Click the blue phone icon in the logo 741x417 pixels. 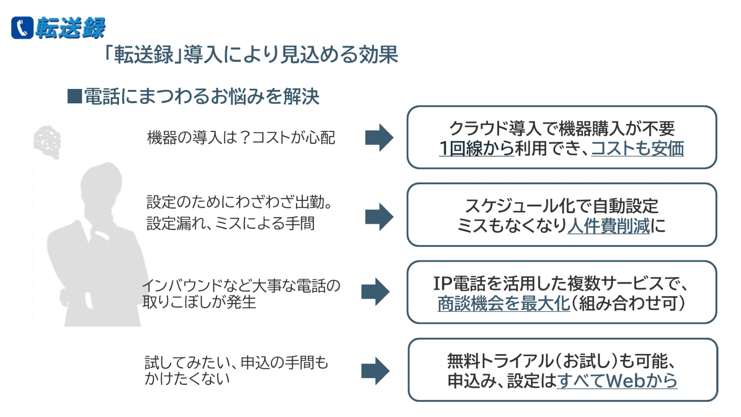coord(22,28)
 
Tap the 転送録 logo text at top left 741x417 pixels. coord(70,28)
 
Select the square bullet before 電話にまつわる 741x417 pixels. coord(74,96)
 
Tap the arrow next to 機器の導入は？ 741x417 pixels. coord(379,138)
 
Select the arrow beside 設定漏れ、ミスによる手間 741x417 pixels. coord(379,217)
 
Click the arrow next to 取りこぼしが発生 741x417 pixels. coord(375,291)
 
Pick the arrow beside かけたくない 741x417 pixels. coord(375,371)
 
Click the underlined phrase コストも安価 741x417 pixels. coord(637,149)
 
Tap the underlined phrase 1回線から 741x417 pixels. coord(476,149)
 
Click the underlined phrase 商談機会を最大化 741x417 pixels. coord(503,304)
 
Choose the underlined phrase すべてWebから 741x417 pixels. coord(617,381)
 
